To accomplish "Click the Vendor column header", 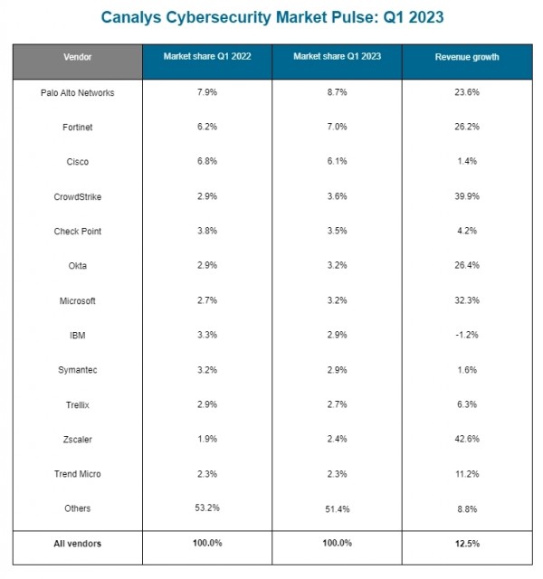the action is tap(77, 57).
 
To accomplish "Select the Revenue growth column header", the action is tap(467, 57).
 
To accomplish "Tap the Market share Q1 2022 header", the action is tap(207, 56).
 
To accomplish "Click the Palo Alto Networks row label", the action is tap(77, 92).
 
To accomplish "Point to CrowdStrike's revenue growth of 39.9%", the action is tap(467, 196).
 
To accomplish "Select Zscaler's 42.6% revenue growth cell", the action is tap(467, 439).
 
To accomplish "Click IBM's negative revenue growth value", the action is tap(467, 335).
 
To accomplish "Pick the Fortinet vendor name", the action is tap(77, 127).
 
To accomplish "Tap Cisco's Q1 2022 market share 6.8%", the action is tap(207, 161).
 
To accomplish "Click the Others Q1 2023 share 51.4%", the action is tap(338, 509).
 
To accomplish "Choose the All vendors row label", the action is tap(77, 544).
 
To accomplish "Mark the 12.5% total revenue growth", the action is tap(467, 544).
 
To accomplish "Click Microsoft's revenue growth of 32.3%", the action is tap(467, 299).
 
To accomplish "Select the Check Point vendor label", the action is tap(77, 232).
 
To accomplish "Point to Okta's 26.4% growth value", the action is tap(467, 265).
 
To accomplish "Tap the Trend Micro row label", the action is tap(77, 474).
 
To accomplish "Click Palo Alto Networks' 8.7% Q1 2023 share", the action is tap(338, 92).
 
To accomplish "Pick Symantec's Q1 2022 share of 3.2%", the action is tap(207, 370).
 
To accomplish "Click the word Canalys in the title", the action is tap(131, 18).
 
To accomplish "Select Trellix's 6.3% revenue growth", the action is tap(467, 404).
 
